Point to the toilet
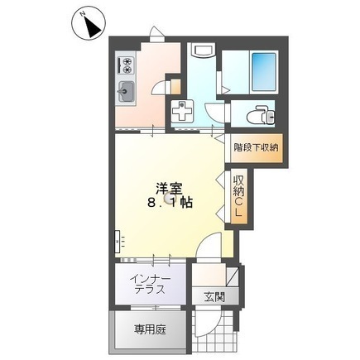[x=256, y=114]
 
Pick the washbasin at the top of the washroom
[x=202, y=52]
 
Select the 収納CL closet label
[x=238, y=198]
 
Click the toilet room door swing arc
[x=216, y=115]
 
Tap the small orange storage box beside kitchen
[x=173, y=84]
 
